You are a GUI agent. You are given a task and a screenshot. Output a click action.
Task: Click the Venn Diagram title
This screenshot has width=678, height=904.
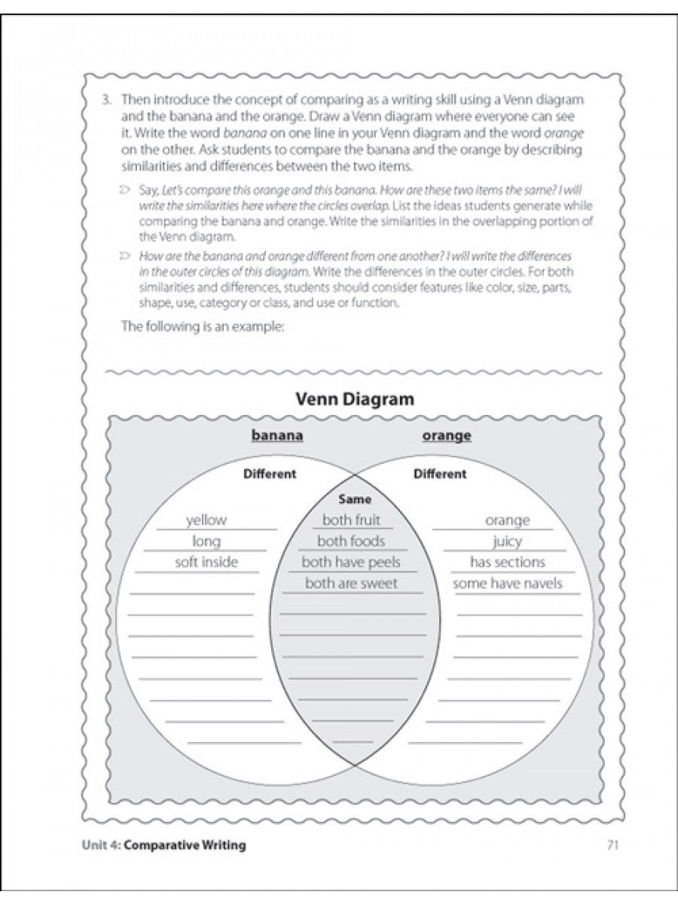point(354,399)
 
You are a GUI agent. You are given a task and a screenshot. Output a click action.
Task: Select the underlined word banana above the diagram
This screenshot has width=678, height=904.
point(276,435)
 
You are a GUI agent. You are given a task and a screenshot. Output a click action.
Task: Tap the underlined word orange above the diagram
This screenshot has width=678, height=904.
point(447,435)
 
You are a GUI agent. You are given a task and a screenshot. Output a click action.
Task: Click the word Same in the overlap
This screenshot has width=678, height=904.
point(355,499)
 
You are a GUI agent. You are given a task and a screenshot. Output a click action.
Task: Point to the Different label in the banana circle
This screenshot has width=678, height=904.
point(270,474)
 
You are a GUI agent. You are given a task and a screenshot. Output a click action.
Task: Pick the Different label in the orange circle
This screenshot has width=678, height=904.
point(440,474)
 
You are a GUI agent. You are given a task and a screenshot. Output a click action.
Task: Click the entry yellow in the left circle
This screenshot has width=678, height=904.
point(206,520)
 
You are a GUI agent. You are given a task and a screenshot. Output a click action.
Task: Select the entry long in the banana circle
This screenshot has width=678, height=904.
point(206,541)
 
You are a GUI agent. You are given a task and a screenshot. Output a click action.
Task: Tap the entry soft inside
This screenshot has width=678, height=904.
point(206,562)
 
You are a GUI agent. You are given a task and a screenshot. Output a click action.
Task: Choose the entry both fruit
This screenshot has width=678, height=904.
point(351,520)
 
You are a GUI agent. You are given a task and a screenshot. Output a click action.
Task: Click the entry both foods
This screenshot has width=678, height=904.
point(351,541)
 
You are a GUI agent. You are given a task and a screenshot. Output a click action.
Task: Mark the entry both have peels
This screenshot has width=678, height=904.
point(351,562)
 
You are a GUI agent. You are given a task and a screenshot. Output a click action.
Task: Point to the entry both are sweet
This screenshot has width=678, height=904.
point(351,583)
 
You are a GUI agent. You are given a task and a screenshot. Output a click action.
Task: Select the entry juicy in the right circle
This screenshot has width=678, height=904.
point(507,541)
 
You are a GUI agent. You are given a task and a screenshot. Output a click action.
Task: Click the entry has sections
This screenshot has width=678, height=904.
point(507,562)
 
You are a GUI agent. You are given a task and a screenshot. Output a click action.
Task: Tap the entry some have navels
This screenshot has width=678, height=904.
point(507,583)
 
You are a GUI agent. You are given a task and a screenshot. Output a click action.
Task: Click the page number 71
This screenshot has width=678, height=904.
point(612,845)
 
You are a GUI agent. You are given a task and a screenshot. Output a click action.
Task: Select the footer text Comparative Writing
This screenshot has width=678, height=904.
point(185,845)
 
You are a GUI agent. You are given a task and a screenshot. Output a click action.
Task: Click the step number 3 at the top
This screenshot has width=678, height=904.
point(108,99)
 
